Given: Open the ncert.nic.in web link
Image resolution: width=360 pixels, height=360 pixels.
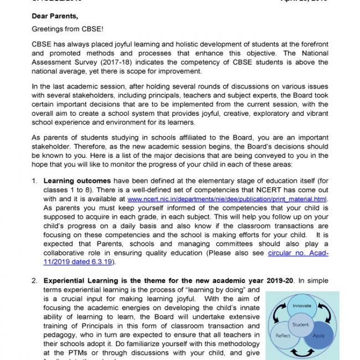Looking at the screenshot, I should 227,198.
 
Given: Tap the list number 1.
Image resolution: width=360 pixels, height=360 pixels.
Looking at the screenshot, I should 34,180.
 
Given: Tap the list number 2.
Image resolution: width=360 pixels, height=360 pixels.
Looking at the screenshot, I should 34,281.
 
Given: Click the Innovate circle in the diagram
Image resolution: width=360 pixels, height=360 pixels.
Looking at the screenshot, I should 301,306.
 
